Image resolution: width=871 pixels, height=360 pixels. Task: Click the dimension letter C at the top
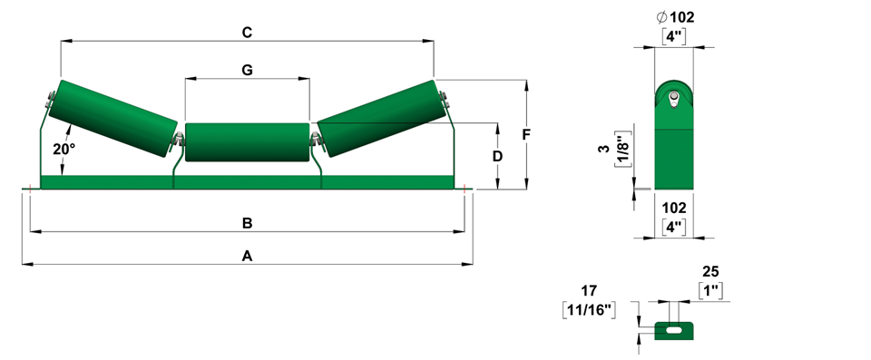[247, 33]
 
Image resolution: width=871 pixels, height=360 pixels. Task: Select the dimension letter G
[247, 70]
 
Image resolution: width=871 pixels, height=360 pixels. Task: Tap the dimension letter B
[247, 223]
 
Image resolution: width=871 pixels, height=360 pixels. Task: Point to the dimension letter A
[247, 256]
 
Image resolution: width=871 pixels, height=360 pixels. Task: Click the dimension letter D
[498, 156]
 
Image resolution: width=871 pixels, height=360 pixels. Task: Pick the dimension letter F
[526, 134]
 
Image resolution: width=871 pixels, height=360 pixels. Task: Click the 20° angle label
[64, 149]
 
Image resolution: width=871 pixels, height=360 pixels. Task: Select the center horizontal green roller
[247, 142]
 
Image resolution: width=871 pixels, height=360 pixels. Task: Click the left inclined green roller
[113, 118]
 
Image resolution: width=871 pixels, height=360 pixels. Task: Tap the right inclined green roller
[381, 118]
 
